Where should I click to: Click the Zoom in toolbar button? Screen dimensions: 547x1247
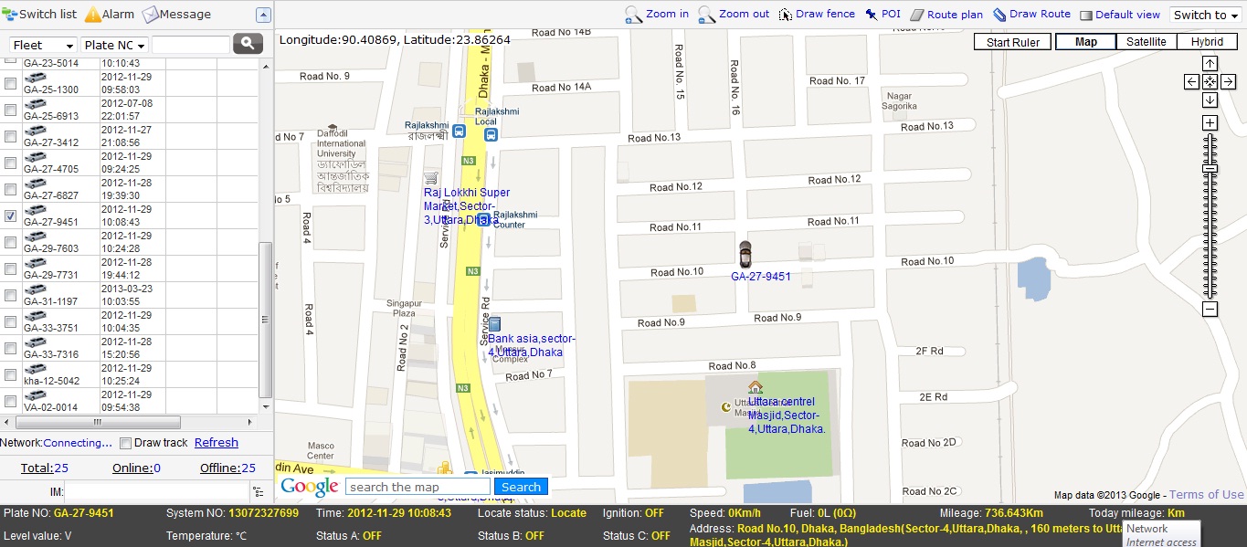click(657, 15)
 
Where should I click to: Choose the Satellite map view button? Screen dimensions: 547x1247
click(1146, 42)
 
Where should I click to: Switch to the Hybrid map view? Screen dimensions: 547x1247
click(1207, 42)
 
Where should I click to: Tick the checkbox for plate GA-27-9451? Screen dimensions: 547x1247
click(11, 216)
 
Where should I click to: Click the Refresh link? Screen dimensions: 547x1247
click(216, 443)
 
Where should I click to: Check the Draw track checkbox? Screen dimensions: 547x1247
click(126, 444)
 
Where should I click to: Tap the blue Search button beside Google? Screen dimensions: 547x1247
click(521, 487)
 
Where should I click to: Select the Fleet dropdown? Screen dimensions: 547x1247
click(43, 45)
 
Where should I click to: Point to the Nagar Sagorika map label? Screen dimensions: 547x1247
click(900, 100)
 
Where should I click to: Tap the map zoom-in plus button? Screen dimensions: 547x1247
click(1210, 123)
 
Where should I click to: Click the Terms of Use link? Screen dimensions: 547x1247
click(1206, 495)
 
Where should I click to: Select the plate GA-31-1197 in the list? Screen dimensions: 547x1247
click(50, 300)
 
